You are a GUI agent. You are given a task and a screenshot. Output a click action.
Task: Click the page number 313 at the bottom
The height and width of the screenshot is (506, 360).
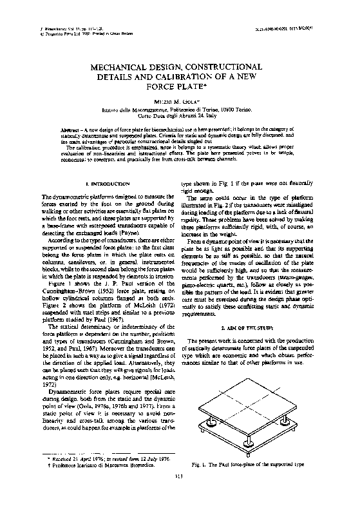point(179,495)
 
